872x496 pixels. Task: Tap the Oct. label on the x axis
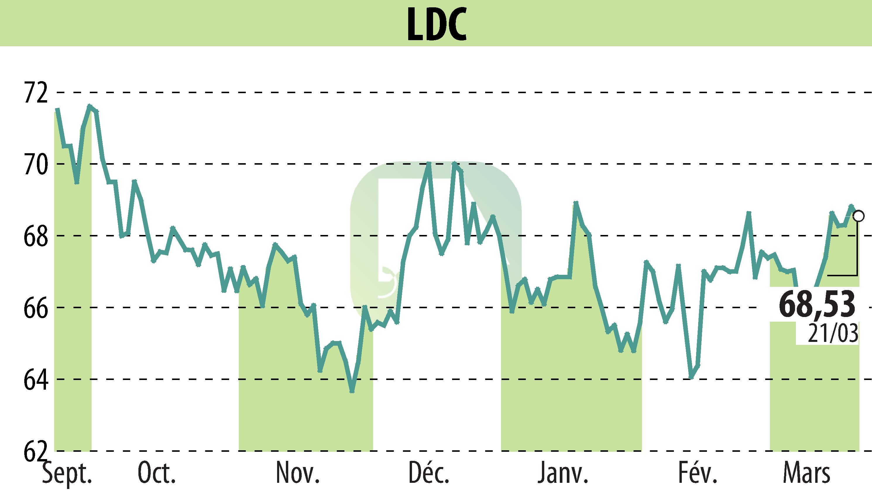[157, 473]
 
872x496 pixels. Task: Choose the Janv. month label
[563, 473]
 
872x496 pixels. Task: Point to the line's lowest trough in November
[352, 391]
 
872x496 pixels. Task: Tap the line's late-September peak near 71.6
[90, 106]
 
